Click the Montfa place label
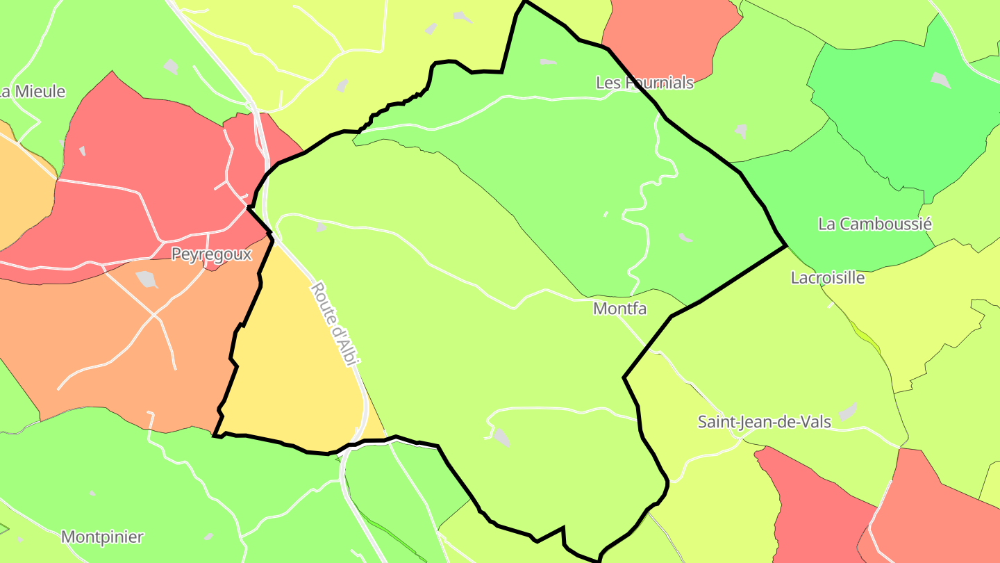(619, 309)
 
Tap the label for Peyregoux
(211, 254)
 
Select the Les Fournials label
(644, 83)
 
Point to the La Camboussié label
(875, 224)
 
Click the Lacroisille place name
(828, 278)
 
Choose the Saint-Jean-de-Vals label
(764, 422)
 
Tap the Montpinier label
(103, 537)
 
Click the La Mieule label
(33, 91)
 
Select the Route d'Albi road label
(335, 324)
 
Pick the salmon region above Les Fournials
(667, 35)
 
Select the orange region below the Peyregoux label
(104, 334)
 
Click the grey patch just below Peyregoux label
(147, 279)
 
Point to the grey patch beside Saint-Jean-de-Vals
(848, 411)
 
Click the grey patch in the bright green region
(940, 81)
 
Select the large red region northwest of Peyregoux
(139, 160)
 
